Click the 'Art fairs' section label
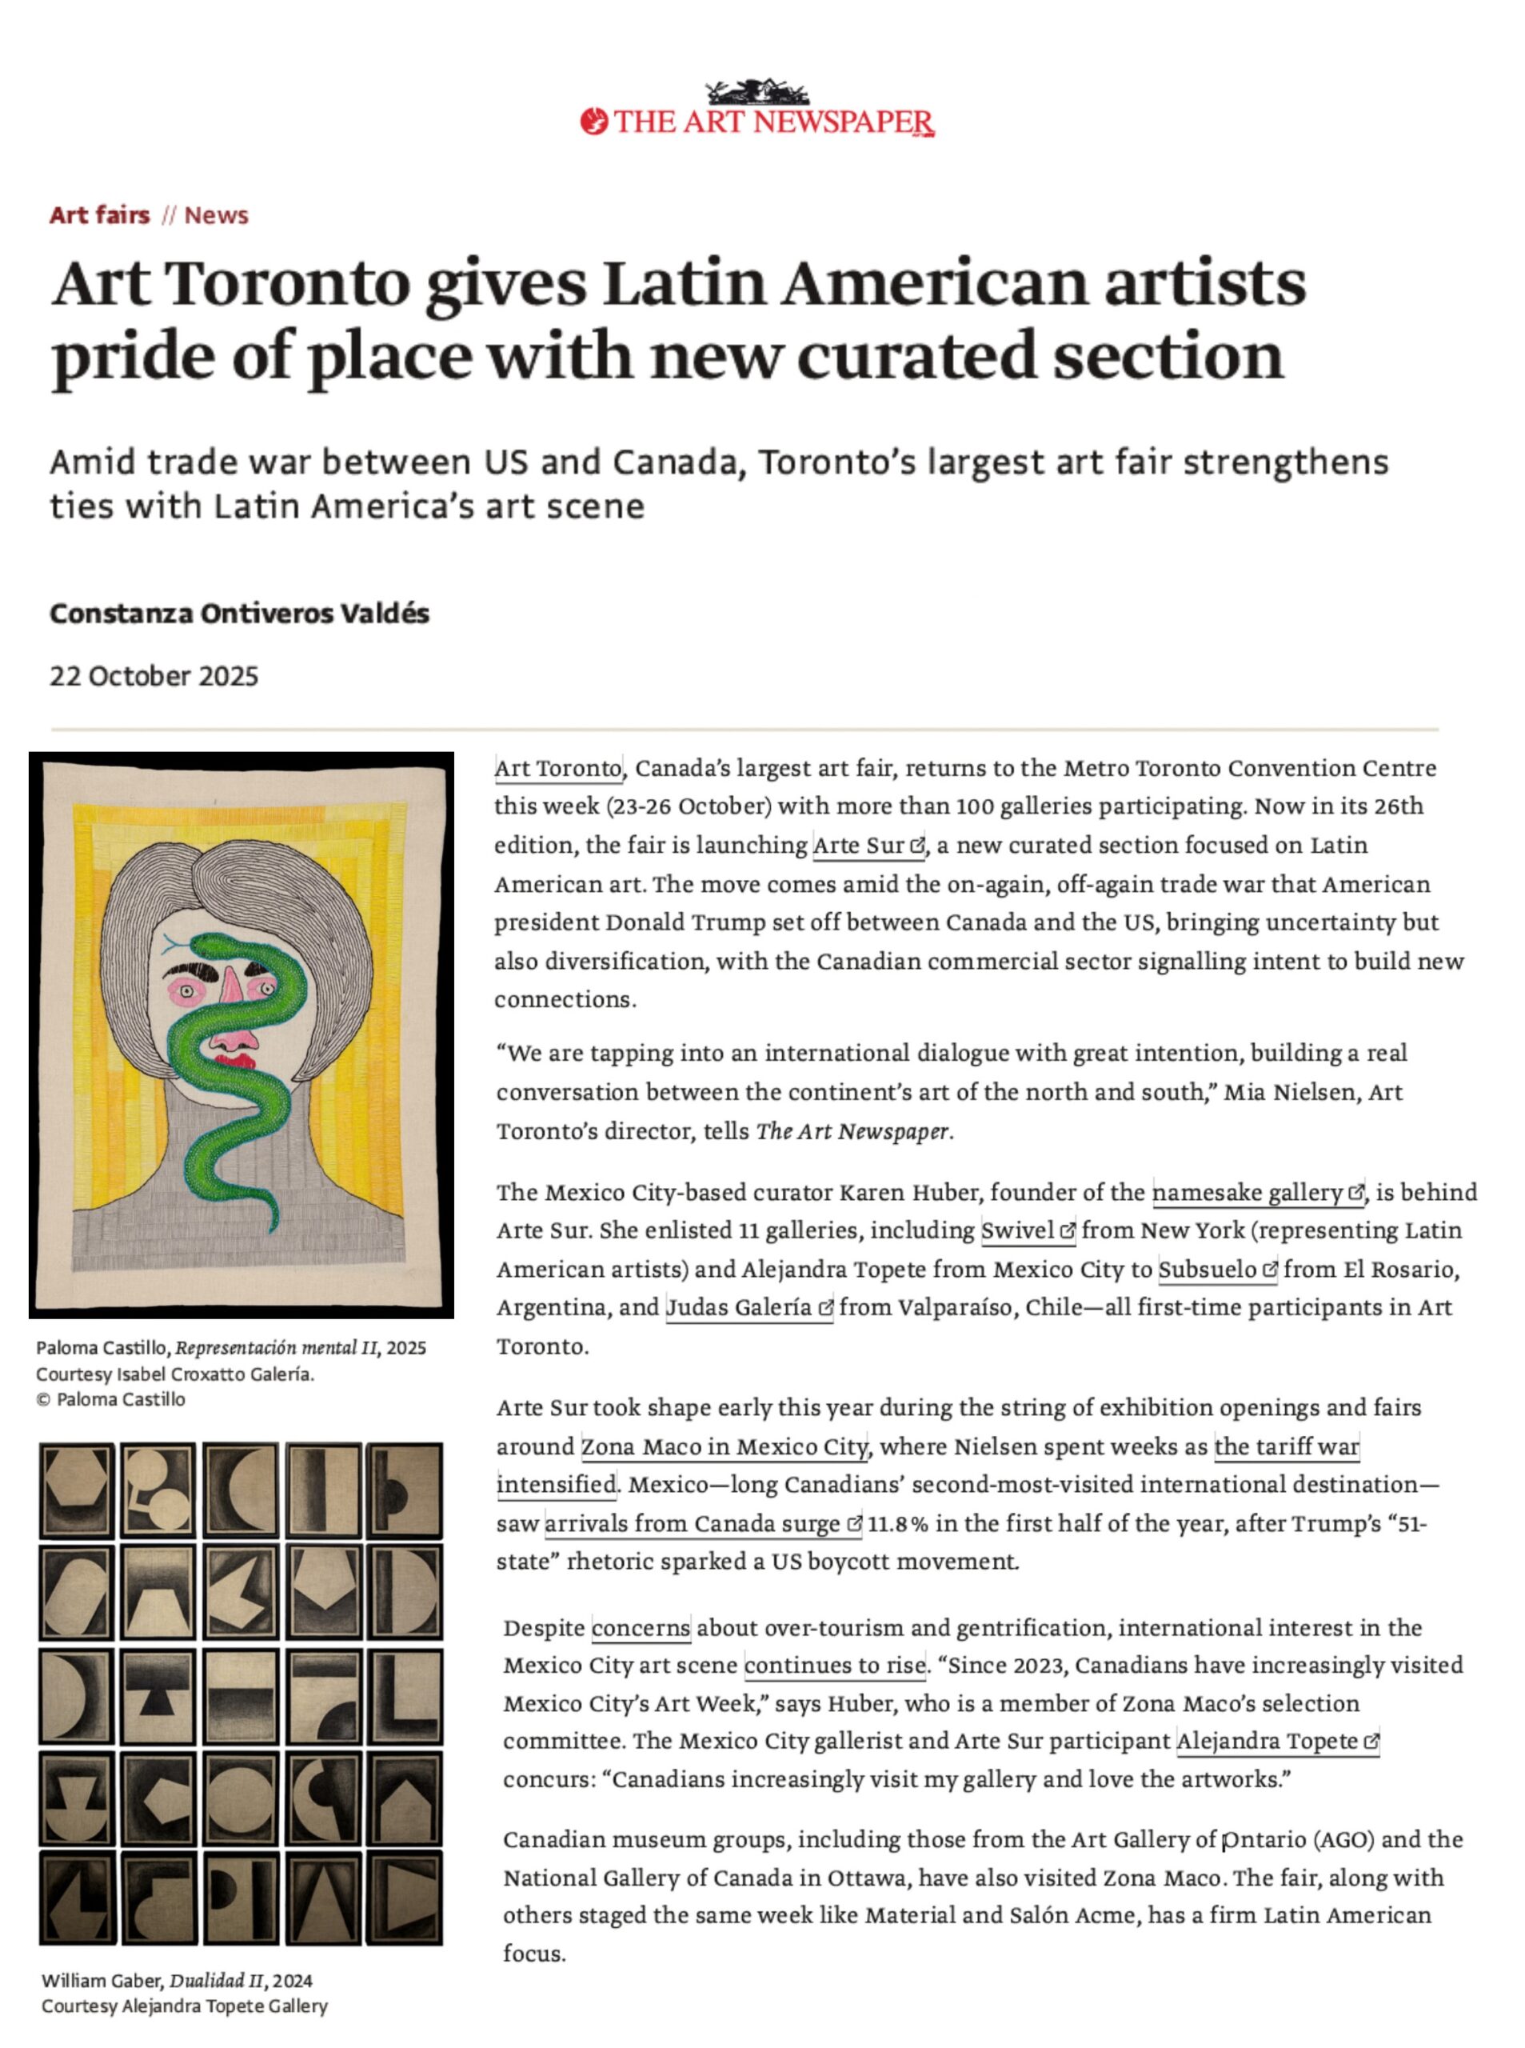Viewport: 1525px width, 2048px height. [100, 215]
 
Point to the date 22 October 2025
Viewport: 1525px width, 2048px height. [154, 676]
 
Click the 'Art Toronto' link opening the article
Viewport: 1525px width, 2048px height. [558, 768]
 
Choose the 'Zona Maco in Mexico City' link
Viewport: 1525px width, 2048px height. [724, 1447]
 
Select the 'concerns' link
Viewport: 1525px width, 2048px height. [641, 1628]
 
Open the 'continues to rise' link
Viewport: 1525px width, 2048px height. [835, 1666]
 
